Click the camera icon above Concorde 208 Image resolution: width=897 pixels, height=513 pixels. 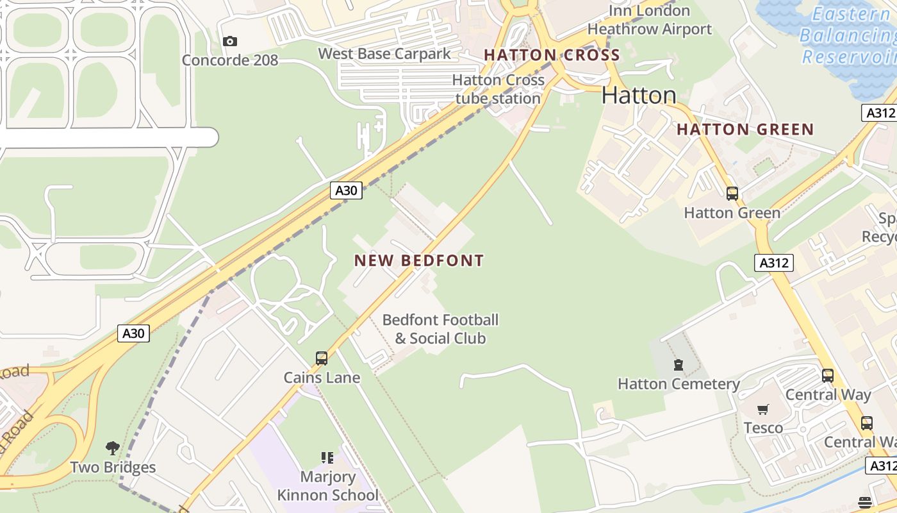[x=229, y=42]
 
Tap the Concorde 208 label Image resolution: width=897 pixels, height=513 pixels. [x=230, y=60]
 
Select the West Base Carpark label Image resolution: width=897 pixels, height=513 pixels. [x=384, y=54]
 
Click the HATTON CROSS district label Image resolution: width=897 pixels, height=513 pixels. [x=552, y=55]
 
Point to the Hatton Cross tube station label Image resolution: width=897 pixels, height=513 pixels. [x=498, y=89]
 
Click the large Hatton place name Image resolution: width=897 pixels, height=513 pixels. [x=639, y=96]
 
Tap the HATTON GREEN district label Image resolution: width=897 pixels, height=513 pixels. [x=745, y=130]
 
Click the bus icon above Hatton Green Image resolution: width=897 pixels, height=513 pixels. [x=732, y=193]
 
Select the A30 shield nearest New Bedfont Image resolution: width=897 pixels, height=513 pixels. [x=346, y=190]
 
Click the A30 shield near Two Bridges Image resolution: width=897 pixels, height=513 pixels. [x=134, y=333]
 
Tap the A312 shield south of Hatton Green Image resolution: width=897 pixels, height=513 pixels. [x=774, y=263]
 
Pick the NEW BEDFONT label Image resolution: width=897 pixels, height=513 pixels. [x=419, y=261]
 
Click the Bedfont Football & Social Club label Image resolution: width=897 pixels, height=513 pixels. [x=440, y=329]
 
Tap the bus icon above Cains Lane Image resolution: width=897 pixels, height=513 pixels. [x=322, y=358]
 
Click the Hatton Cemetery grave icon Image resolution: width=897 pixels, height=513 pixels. [x=678, y=366]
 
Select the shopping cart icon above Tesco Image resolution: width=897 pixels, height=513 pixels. [x=763, y=409]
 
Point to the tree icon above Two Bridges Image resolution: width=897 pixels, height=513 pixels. [x=113, y=448]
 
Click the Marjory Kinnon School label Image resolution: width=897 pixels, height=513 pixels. [x=327, y=486]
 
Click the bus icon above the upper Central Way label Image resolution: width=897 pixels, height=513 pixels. [x=828, y=376]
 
